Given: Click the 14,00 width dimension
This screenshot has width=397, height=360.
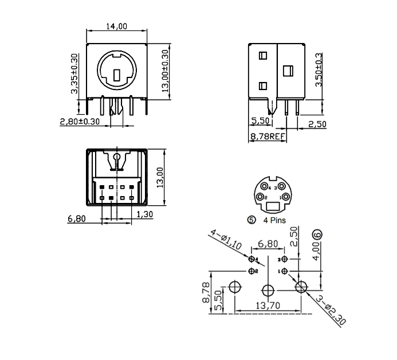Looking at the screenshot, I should (117, 26).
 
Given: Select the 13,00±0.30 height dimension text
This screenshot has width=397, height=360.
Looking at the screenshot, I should (166, 71).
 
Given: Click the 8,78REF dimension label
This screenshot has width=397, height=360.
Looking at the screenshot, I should (268, 136).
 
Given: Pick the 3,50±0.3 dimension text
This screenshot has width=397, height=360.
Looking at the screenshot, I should (319, 70).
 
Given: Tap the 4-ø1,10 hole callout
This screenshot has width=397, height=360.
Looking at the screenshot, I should (226, 240).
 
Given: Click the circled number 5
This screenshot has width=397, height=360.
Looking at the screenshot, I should (250, 220).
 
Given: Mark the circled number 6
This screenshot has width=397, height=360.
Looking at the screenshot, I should (318, 234).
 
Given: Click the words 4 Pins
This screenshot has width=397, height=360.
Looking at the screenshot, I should (274, 220).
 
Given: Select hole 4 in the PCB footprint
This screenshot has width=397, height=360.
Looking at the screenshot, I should (252, 260).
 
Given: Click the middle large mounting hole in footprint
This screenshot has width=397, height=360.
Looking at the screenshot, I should (268, 288).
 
